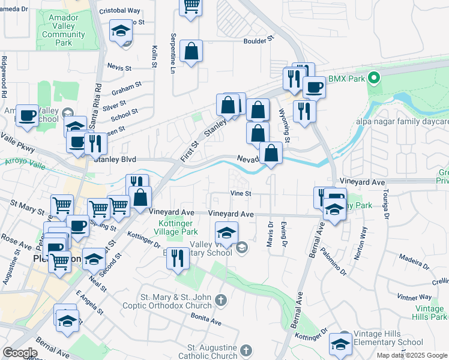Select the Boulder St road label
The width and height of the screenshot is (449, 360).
click(258, 40)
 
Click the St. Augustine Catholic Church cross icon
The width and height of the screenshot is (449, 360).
click(246, 350)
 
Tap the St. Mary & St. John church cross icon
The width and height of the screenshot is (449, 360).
click(221, 300)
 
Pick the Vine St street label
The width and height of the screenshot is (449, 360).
click(240, 193)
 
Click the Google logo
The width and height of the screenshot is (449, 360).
click(20, 353)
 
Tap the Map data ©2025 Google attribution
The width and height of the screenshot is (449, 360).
click(412, 355)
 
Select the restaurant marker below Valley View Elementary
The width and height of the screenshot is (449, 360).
click(177, 258)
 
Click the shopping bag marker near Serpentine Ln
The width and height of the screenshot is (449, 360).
click(191, 52)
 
